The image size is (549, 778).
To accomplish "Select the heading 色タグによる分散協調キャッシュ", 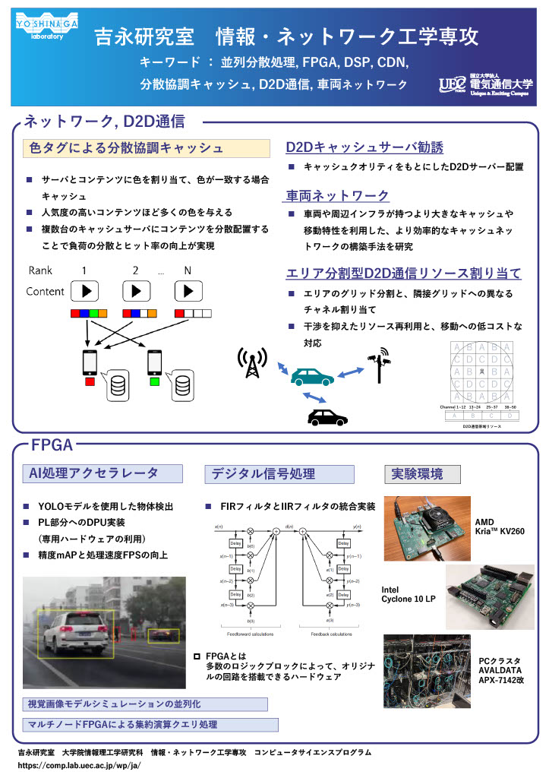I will click(x=125, y=147).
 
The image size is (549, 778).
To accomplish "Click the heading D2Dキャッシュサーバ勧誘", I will click(x=364, y=147).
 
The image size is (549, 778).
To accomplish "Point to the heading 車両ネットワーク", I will click(x=336, y=196).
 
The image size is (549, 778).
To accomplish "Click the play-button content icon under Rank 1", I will click(x=86, y=291).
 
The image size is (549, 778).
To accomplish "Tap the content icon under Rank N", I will click(x=189, y=291).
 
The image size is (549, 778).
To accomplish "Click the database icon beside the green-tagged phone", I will click(x=182, y=387).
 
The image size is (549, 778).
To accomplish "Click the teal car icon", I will click(x=311, y=377).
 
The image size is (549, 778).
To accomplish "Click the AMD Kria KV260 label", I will click(x=499, y=527).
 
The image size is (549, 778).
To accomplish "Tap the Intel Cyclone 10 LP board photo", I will click(x=489, y=597).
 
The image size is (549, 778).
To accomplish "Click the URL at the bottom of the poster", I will click(x=80, y=766).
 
